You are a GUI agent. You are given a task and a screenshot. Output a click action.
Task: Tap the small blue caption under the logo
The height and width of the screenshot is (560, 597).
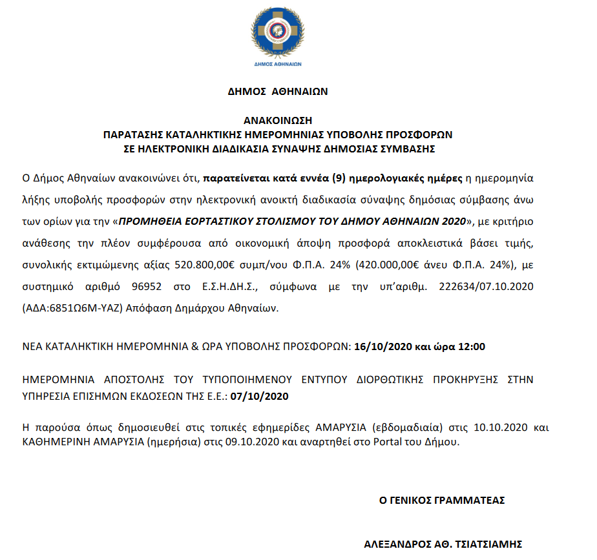(278, 65)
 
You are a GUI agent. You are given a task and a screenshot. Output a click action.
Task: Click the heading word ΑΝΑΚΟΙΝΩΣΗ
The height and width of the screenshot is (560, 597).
(278, 120)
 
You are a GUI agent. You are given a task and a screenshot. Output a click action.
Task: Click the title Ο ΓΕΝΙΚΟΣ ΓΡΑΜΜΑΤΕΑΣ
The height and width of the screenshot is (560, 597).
(442, 500)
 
